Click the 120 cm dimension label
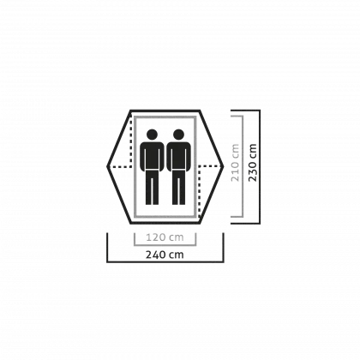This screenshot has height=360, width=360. pyautogui.click(x=165, y=237)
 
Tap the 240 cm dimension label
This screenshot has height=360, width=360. pyautogui.click(x=165, y=255)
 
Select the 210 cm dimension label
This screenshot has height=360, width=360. pyautogui.click(x=235, y=163)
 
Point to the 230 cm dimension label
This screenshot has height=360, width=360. pyautogui.click(x=253, y=163)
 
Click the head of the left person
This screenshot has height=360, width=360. pyautogui.click(x=152, y=135)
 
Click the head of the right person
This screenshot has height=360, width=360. pyautogui.click(x=178, y=135)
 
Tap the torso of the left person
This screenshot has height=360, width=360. pyautogui.click(x=152, y=156)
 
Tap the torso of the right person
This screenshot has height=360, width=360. pyautogui.click(x=178, y=156)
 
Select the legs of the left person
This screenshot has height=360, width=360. pyautogui.click(x=152, y=188)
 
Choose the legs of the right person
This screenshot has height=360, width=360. pyautogui.click(x=178, y=188)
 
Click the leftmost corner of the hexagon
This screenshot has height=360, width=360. pyautogui.click(x=107, y=166)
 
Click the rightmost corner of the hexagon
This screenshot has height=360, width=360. pyautogui.click(x=223, y=166)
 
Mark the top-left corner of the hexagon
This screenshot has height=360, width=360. pyautogui.click(x=130, y=111)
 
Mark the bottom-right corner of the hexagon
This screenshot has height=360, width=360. pyautogui.click(x=200, y=223)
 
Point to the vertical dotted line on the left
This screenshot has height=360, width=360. pyautogui.click(x=131, y=141)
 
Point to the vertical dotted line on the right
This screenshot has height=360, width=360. pyautogui.click(x=199, y=191)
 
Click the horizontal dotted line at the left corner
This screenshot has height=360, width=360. pyautogui.click(x=120, y=166)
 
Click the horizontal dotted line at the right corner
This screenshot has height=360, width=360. pyautogui.click(x=210, y=165)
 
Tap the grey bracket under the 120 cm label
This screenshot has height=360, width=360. pyautogui.click(x=165, y=245)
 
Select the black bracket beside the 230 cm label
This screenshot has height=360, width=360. pyautogui.click(x=260, y=166)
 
